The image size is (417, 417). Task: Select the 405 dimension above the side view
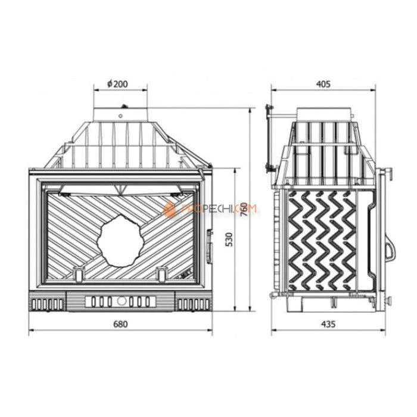[323, 85]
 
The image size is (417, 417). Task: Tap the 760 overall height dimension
[242, 210]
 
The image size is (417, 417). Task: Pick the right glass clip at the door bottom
[161, 272]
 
